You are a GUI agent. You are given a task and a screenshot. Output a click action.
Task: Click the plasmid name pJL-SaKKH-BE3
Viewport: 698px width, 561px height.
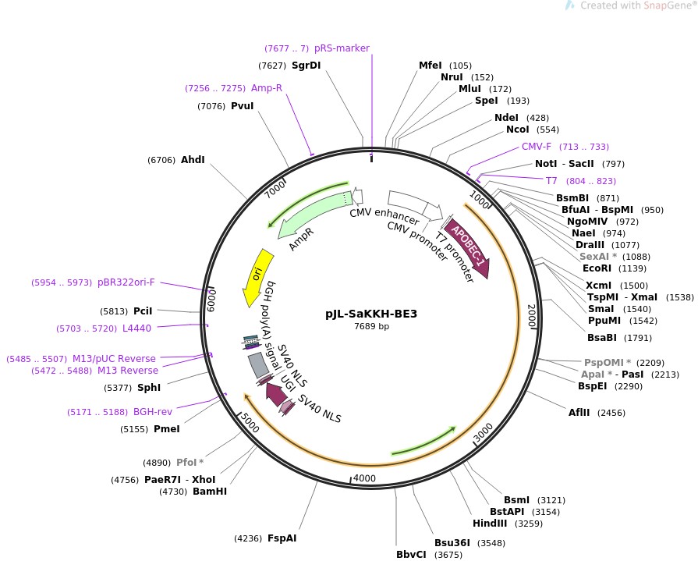click(x=371, y=314)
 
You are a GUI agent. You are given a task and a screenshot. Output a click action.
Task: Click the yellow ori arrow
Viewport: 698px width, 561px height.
click(x=257, y=275)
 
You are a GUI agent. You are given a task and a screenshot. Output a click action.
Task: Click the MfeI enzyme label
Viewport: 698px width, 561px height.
click(x=430, y=66)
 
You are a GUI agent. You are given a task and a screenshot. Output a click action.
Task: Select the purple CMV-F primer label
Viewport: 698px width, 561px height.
click(x=537, y=147)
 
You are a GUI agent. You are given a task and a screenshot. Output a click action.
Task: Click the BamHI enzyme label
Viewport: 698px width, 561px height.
click(x=209, y=492)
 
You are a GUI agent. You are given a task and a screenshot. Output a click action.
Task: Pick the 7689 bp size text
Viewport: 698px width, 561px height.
click(x=371, y=327)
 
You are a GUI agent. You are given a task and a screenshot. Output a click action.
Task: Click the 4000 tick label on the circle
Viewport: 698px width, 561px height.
click(x=365, y=478)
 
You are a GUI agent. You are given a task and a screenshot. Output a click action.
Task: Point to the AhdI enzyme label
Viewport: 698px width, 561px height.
click(x=193, y=160)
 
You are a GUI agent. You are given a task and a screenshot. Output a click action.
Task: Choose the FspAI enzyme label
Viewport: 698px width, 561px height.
click(x=282, y=538)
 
